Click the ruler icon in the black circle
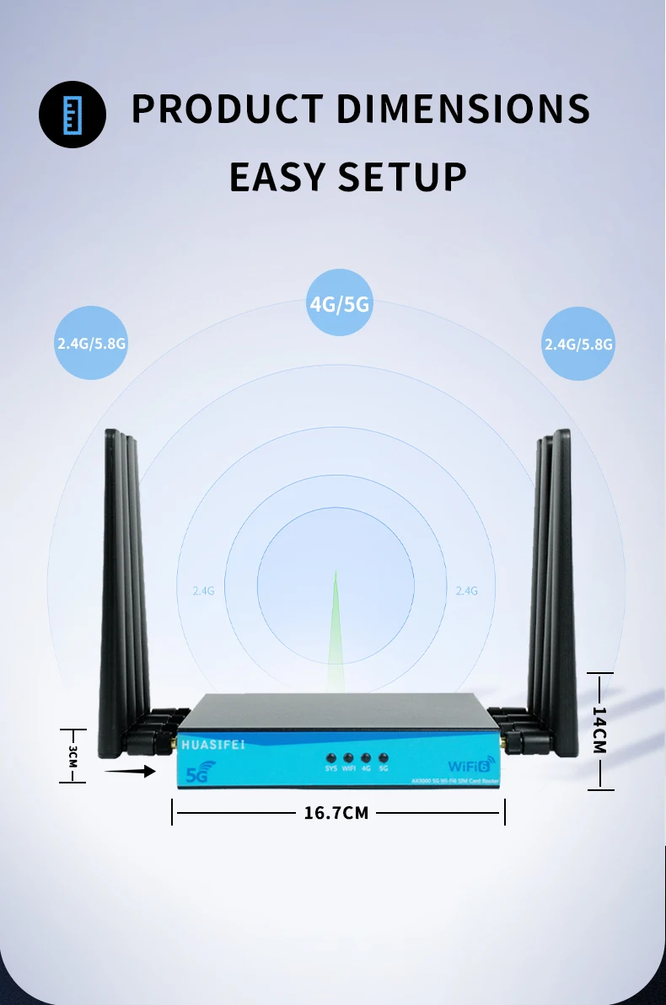73,115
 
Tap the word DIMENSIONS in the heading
464,110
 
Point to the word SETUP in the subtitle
402,177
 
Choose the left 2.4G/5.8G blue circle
91,343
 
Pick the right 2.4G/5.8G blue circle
578,343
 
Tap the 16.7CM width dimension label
336,813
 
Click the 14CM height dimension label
599,730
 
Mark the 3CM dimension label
73,755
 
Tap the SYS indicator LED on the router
331,757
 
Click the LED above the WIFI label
348,757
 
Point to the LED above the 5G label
384,757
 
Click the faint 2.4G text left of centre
203,591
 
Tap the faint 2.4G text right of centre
466,591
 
